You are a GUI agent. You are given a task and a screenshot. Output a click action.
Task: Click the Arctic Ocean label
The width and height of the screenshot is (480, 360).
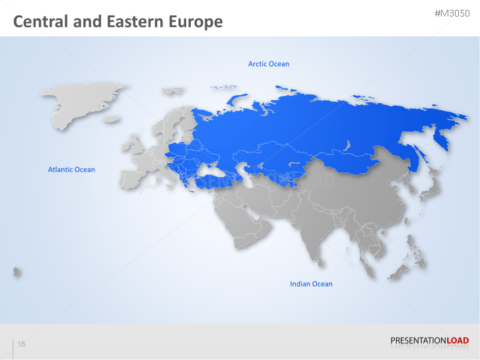click(x=268, y=64)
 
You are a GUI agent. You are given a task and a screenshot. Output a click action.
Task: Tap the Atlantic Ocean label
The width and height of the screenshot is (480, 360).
click(x=71, y=170)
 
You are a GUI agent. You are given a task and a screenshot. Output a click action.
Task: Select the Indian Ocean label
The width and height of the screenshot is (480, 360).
click(x=311, y=284)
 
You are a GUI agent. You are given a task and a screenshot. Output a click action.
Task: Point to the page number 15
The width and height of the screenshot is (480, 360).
click(x=22, y=344)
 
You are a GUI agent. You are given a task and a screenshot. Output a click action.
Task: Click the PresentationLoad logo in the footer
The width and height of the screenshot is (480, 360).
click(x=429, y=341)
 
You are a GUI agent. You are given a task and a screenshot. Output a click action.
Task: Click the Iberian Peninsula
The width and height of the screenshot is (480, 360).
click(x=130, y=180)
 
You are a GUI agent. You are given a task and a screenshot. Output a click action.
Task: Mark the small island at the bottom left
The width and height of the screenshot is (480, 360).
click(x=15, y=271)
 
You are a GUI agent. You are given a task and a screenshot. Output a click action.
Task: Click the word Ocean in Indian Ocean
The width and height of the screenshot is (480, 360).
click(x=322, y=284)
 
